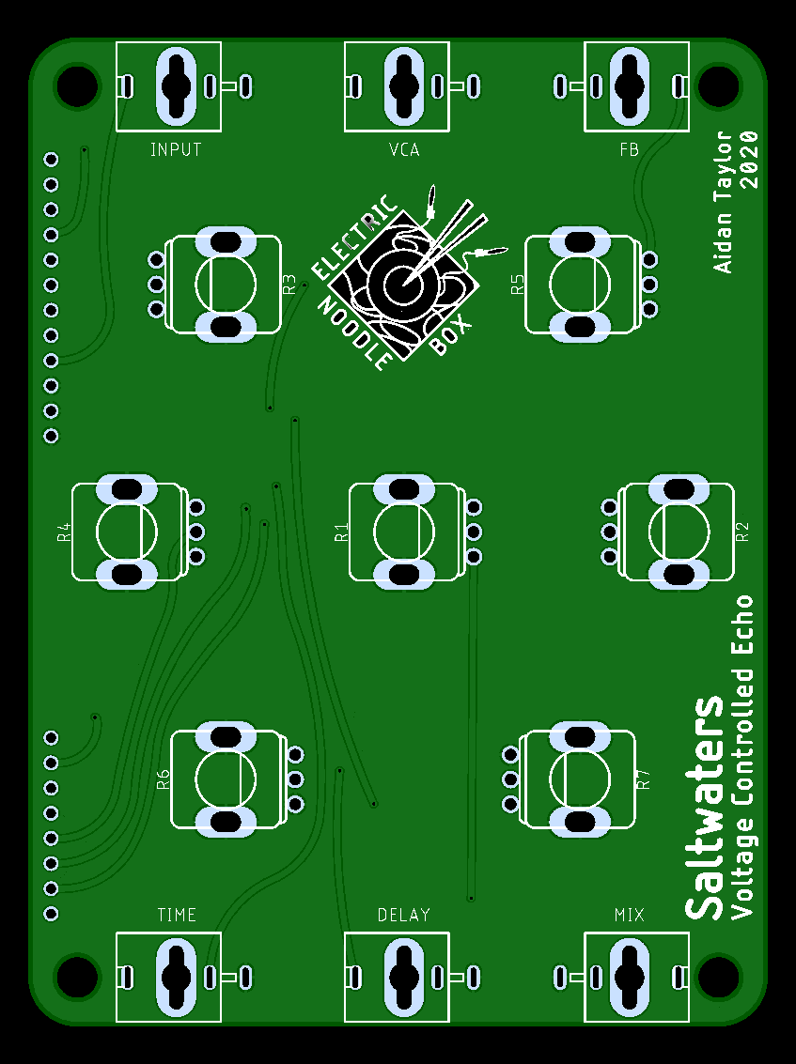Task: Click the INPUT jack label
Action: point(176,149)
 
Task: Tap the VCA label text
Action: point(404,149)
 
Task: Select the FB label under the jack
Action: point(630,149)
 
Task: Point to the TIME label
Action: point(177,915)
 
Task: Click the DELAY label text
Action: point(404,915)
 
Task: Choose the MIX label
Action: point(630,915)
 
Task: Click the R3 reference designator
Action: point(289,285)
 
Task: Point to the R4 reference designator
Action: point(64,532)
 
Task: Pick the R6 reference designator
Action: point(163,779)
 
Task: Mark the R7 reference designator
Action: point(644,779)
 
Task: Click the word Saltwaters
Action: point(704,808)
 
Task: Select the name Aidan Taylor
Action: point(723,202)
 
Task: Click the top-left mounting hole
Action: point(77,86)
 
